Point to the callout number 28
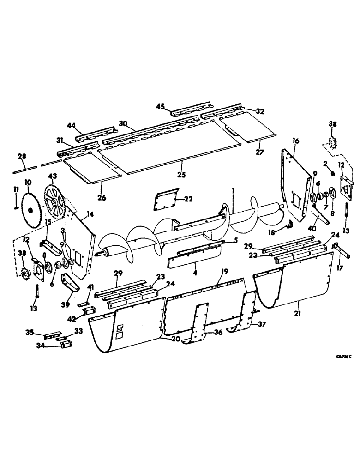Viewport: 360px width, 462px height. pos(22,158)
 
